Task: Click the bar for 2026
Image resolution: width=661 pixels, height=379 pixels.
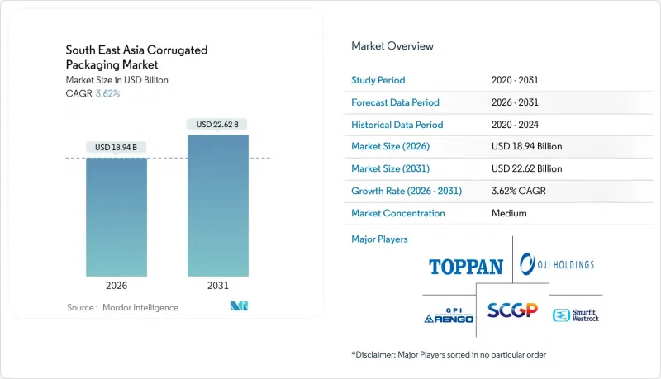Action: click(117, 216)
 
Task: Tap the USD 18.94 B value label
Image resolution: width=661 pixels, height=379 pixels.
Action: click(117, 148)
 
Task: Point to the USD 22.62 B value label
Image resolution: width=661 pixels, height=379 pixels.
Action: click(218, 125)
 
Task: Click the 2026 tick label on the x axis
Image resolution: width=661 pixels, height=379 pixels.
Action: click(117, 286)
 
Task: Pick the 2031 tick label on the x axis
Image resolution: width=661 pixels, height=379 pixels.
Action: click(218, 286)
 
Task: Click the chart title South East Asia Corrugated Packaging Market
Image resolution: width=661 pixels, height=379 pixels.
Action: click(136, 57)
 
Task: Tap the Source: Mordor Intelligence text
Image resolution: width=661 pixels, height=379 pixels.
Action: click(122, 307)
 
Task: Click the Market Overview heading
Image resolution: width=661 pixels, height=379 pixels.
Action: click(392, 46)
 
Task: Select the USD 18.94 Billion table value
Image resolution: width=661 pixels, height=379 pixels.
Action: click(526, 146)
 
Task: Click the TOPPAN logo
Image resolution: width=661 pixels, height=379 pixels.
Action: click(466, 267)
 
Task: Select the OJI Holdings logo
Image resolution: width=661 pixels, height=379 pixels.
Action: click(557, 265)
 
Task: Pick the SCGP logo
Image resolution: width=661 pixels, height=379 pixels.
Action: click(512, 310)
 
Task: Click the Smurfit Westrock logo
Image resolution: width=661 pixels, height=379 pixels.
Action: click(578, 315)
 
